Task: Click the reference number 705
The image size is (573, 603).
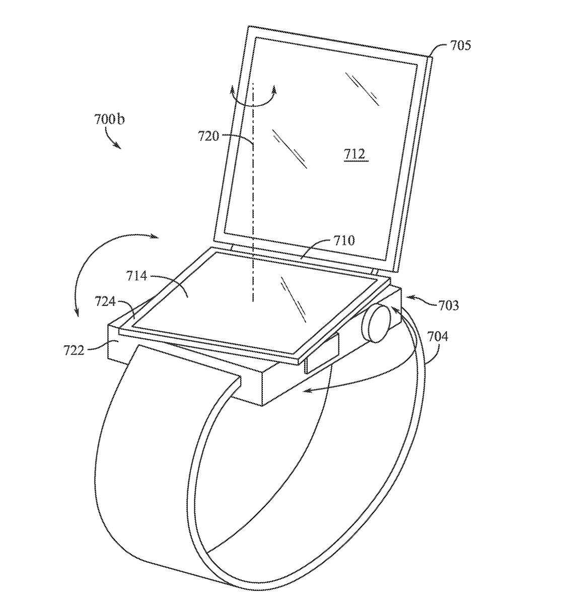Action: click(x=460, y=46)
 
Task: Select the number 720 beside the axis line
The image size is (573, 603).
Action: click(x=208, y=135)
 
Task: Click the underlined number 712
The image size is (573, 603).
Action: click(x=354, y=155)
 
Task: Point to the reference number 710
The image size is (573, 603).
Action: click(x=343, y=241)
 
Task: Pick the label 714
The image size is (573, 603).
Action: click(x=136, y=275)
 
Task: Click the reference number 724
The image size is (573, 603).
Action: click(x=105, y=302)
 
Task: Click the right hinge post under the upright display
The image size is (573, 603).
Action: click(x=374, y=271)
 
